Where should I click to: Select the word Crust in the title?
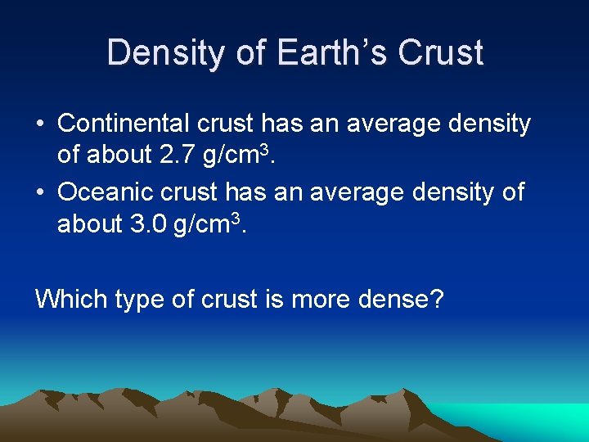(440, 52)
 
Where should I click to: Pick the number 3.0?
(149, 224)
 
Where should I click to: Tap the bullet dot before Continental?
(40, 124)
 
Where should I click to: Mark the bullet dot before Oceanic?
(40, 192)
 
